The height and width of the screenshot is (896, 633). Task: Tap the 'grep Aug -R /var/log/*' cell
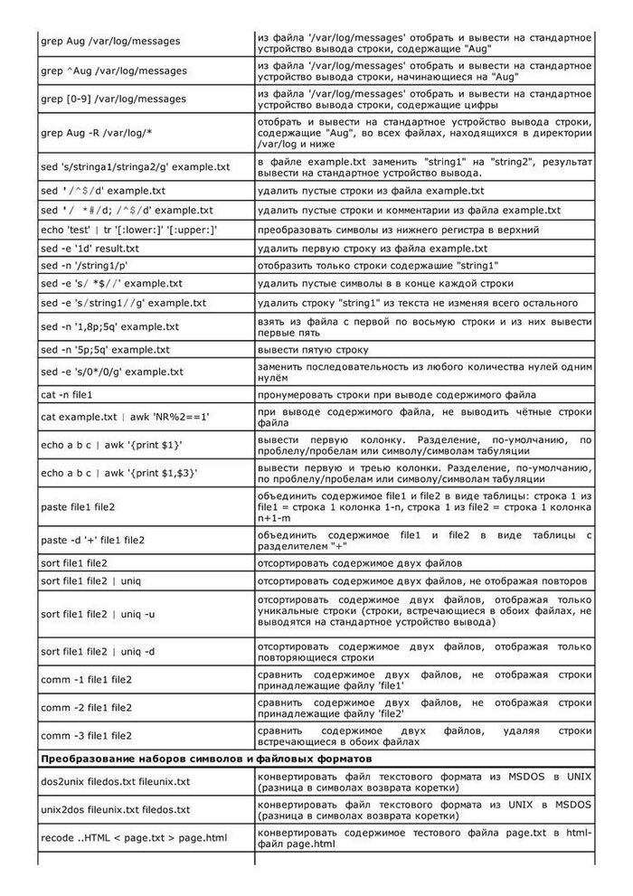(97, 133)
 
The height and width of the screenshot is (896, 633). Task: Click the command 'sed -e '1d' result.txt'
(90, 248)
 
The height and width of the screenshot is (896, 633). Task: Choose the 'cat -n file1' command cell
(68, 395)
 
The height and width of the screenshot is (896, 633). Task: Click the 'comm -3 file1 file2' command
(87, 735)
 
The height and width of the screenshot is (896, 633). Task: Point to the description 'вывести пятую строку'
(312, 349)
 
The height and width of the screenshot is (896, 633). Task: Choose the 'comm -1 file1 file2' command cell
(87, 679)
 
